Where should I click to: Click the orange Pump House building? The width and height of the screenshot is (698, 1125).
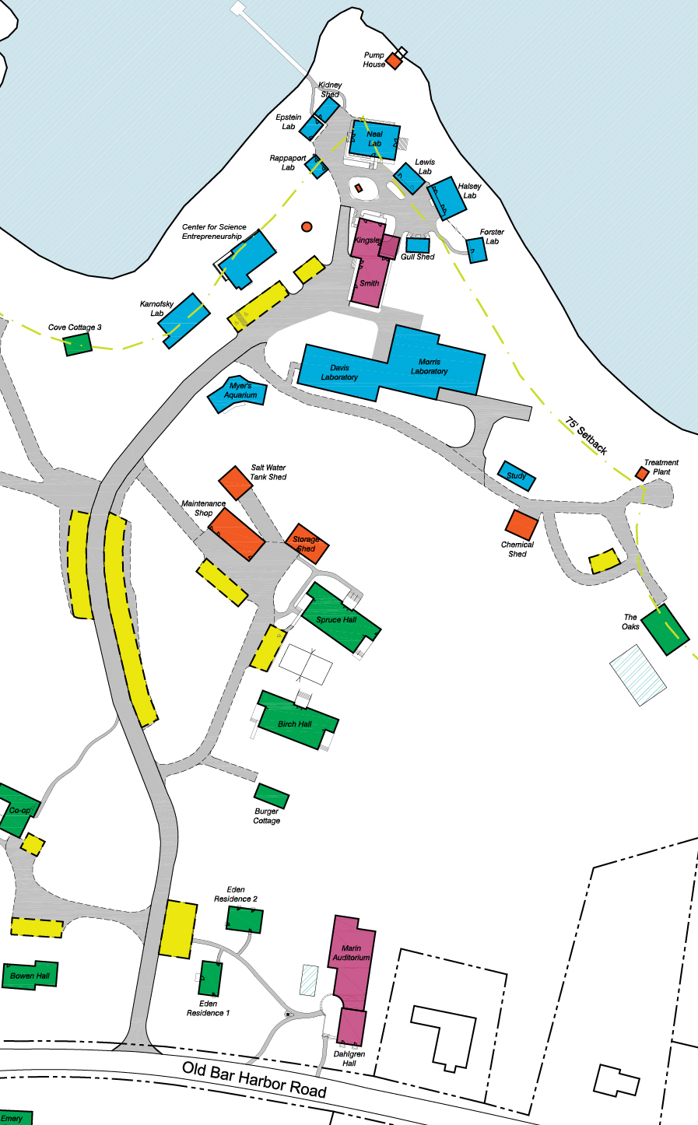coord(394,61)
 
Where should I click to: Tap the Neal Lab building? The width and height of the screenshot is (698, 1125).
coord(374,140)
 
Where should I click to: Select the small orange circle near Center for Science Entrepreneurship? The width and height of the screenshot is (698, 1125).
coord(307,226)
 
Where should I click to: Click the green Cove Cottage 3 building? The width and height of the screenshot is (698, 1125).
coord(78,344)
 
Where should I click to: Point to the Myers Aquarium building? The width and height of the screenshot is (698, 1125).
coord(238,393)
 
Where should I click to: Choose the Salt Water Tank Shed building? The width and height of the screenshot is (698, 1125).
coord(236,482)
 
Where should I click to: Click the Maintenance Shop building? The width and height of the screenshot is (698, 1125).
coord(237,534)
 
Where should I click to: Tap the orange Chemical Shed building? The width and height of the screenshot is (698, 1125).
coord(521,524)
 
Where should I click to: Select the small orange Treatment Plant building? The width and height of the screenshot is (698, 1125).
coord(642,473)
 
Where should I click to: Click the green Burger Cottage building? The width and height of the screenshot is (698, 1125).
coord(272,796)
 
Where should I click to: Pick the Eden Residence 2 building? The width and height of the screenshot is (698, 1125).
coord(244,920)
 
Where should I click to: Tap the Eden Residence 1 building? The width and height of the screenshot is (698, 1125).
coord(210,979)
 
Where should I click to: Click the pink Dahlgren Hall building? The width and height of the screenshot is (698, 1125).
coord(352,1027)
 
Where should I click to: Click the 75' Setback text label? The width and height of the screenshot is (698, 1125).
coord(587,436)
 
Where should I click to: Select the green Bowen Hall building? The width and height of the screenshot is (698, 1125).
coord(30,975)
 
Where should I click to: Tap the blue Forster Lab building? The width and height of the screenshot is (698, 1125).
coord(476,250)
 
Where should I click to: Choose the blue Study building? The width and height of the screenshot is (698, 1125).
coord(517,475)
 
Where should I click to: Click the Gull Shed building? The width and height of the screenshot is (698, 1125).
coord(418,245)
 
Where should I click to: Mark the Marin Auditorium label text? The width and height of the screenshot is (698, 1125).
coord(351,953)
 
